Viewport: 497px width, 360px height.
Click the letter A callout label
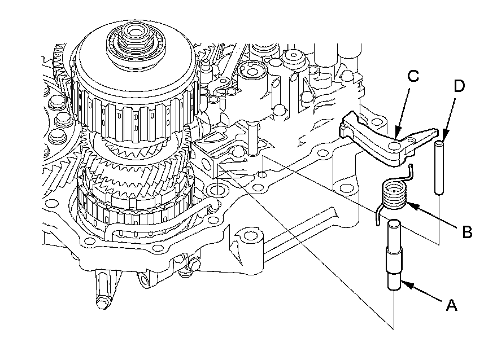point(451,305)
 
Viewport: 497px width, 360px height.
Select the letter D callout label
point(460,86)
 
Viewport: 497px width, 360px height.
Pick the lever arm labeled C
point(384,141)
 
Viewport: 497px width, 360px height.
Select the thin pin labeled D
point(439,168)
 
